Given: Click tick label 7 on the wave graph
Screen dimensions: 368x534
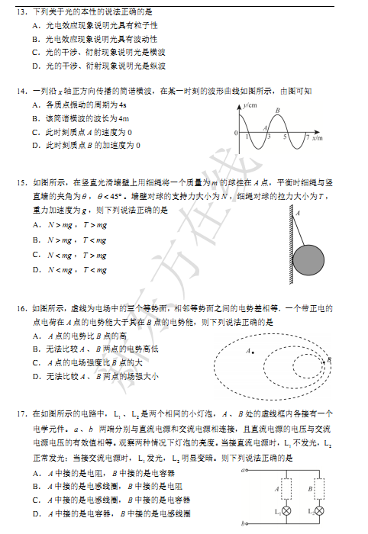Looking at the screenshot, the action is tap(305, 137).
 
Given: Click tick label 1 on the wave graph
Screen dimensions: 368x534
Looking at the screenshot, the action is tap(248, 137).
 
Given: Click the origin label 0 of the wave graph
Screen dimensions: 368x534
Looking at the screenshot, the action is tap(236, 133).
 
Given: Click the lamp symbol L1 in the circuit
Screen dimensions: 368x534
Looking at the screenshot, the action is tap(287, 510).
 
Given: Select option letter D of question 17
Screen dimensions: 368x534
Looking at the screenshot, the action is tap(36, 514).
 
